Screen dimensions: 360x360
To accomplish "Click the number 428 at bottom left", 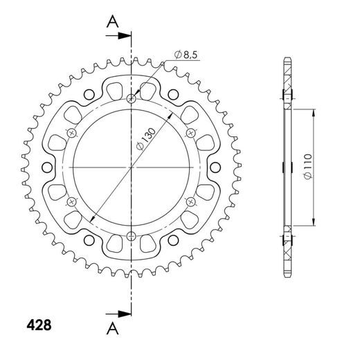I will point(38,323).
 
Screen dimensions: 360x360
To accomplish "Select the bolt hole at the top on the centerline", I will point(131,98).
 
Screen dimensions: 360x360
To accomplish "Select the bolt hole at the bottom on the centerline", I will point(131,237).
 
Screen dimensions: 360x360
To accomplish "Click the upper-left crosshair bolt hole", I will point(71,133).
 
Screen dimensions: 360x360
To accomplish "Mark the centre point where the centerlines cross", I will point(131,168).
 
